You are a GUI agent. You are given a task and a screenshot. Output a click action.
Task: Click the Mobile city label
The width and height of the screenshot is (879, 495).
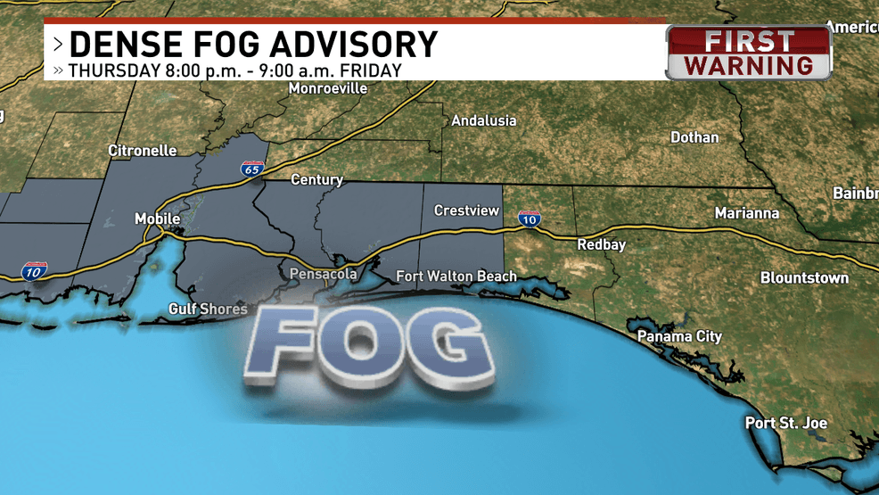point(157,219)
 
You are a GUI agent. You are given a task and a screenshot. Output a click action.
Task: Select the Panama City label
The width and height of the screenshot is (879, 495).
point(679,337)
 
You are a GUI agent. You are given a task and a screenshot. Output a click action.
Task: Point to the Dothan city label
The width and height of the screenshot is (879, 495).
point(694,137)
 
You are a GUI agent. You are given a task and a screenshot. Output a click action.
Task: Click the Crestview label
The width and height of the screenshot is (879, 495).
point(467,210)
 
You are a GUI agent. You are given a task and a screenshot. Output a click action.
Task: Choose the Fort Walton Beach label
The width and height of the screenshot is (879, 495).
point(456,276)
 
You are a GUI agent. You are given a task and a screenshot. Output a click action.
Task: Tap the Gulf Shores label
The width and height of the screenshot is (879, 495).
point(208,309)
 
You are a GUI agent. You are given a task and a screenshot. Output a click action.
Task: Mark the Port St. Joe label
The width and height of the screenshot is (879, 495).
point(785,423)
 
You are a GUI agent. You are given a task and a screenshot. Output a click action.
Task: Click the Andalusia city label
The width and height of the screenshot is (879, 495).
point(483,120)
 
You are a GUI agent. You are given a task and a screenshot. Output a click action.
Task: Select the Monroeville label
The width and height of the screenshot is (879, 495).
point(328,89)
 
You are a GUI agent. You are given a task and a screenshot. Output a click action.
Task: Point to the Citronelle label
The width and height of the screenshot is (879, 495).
point(143,151)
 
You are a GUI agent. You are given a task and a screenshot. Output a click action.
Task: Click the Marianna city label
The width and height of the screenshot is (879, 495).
point(746,213)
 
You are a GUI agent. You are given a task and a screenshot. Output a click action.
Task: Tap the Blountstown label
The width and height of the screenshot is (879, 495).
point(804,278)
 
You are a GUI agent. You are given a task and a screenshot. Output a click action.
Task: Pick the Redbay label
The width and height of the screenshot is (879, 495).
point(601,244)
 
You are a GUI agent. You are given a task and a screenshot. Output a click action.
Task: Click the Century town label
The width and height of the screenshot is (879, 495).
point(316,179)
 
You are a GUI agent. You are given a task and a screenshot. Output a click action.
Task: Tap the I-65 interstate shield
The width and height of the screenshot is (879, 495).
point(251,169)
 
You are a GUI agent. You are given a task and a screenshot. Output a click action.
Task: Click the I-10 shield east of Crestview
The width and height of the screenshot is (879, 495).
point(530,219)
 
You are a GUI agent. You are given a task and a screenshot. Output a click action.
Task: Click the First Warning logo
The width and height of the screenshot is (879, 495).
point(749,53)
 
